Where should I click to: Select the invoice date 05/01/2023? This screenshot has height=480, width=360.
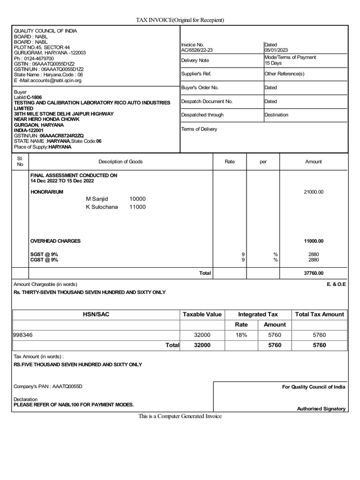(x=276, y=49)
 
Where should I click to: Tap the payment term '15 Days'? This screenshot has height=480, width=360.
(x=273, y=63)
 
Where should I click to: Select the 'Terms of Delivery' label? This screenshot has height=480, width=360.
(x=199, y=129)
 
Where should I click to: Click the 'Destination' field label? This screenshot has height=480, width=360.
(x=276, y=115)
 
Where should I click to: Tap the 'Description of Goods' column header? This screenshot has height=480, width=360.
(x=120, y=162)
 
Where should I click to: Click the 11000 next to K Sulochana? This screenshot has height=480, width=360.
(x=137, y=207)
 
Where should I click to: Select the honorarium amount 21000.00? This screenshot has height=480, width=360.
(x=314, y=192)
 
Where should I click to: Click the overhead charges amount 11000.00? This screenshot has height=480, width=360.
(x=314, y=241)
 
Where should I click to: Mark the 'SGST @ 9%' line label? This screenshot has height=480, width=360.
(x=44, y=254)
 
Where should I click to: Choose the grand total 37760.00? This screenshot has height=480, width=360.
(x=314, y=273)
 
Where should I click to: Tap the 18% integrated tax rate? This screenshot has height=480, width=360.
(x=241, y=335)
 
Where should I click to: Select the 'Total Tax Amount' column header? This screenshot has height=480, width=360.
(x=319, y=314)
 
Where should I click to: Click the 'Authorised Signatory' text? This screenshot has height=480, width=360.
(x=321, y=409)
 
